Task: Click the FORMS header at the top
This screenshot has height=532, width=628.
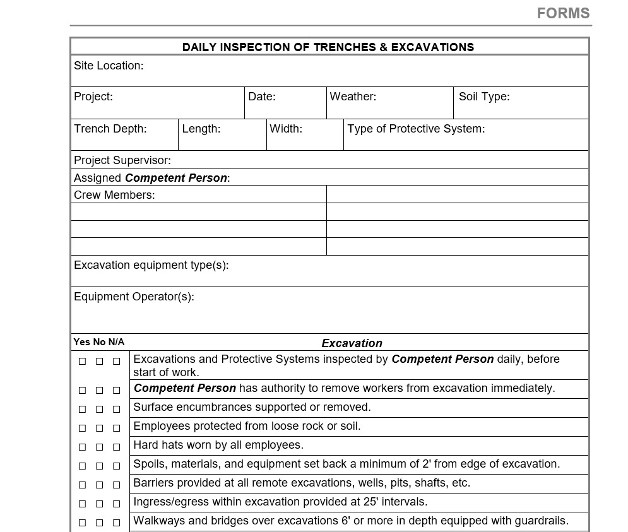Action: pos(563,13)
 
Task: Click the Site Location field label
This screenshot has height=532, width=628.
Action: pos(109,66)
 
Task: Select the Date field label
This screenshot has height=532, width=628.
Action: pos(262,97)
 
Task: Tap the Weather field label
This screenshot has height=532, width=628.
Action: pos(353,97)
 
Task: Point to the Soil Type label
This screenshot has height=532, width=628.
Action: pos(484,97)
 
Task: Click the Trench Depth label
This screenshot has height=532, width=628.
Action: pos(110,129)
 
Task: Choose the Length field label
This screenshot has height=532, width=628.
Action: pos(201,129)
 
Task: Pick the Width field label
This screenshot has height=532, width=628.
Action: pos(286,129)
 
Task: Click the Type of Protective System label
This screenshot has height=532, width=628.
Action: pos(416,129)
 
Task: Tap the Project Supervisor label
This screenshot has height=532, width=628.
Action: pos(122,160)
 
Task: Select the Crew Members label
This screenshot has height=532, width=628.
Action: pos(114,195)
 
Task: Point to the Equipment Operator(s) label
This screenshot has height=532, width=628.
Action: pos(134,297)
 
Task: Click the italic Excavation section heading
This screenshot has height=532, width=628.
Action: pos(352,343)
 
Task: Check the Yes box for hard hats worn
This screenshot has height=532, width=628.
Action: pos(82,447)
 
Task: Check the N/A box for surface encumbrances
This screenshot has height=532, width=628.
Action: pos(116,410)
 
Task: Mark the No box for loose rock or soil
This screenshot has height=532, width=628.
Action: pos(99,429)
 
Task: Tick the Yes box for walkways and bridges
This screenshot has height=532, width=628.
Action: pos(82,523)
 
